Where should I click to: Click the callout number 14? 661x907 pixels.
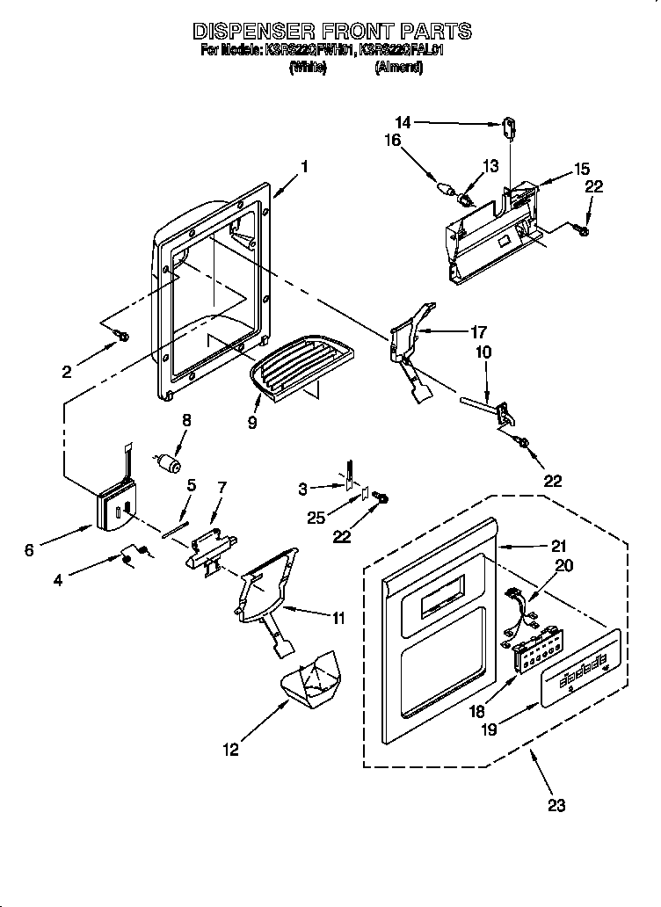tap(403, 123)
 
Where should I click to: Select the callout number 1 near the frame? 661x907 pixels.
tap(304, 164)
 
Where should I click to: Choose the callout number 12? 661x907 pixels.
tap(230, 750)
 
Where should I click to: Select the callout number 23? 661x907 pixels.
tap(556, 804)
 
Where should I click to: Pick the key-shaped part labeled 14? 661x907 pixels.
tap(509, 128)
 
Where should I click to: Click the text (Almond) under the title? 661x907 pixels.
tap(399, 68)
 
